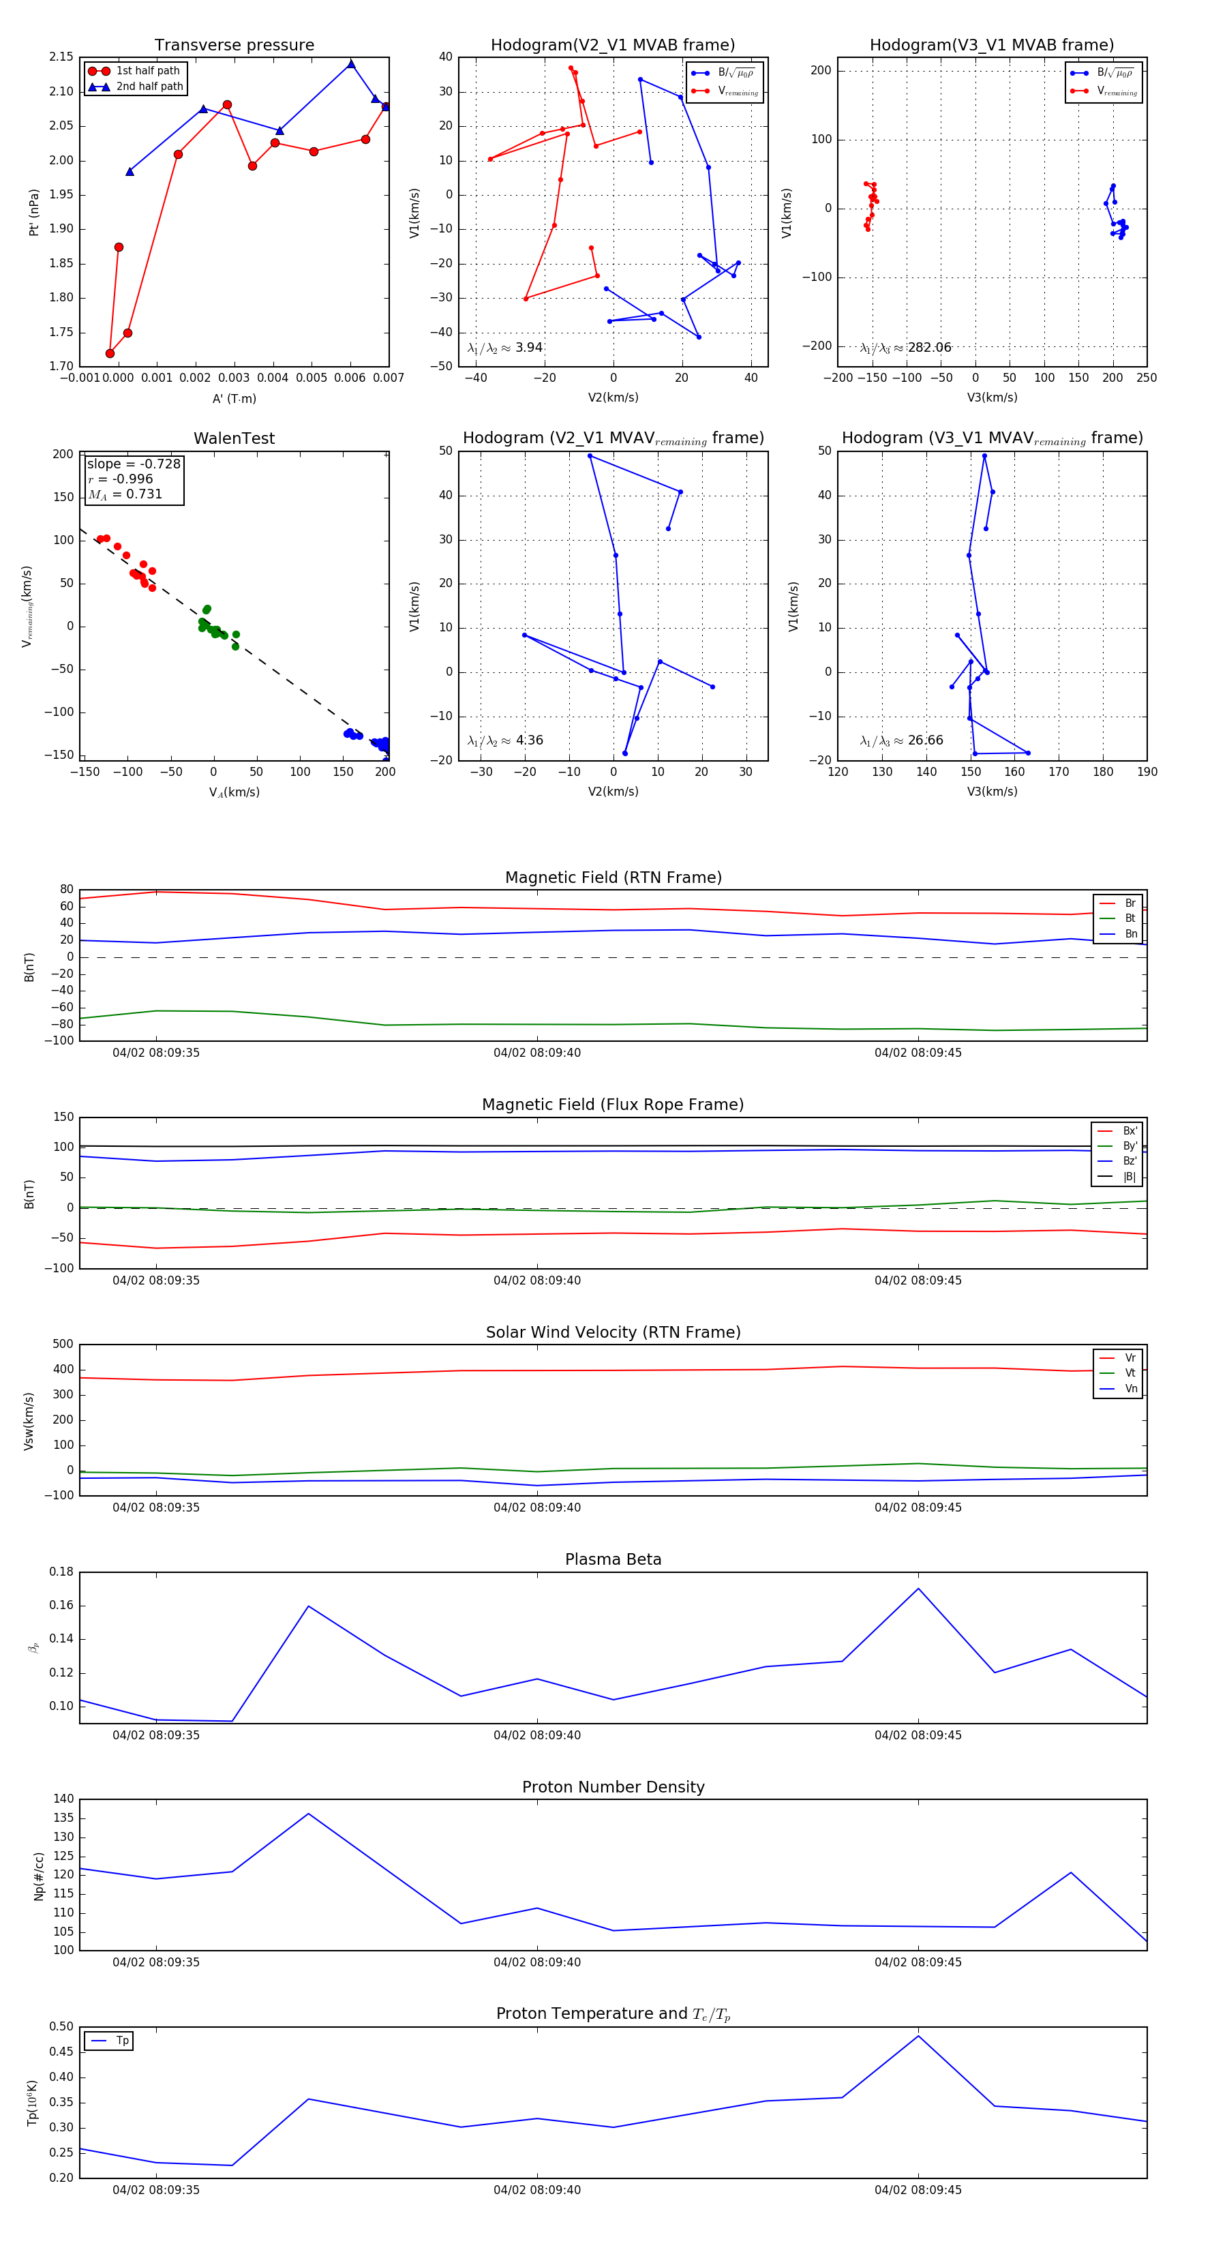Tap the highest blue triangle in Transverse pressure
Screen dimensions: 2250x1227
(351, 64)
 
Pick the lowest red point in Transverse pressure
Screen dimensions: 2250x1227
(110, 354)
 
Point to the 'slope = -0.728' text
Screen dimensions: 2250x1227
(134, 464)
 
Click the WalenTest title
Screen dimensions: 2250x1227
(234, 438)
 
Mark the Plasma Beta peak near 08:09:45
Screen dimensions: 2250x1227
(918, 1589)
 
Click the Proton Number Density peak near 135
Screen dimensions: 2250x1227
(308, 1814)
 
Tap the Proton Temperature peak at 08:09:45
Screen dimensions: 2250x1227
(918, 2037)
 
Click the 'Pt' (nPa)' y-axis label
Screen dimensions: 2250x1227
(34, 212)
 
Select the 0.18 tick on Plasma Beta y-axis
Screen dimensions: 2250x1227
(61, 1572)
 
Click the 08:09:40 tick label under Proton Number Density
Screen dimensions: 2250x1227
(536, 1962)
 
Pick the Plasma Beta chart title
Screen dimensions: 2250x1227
(613, 1560)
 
